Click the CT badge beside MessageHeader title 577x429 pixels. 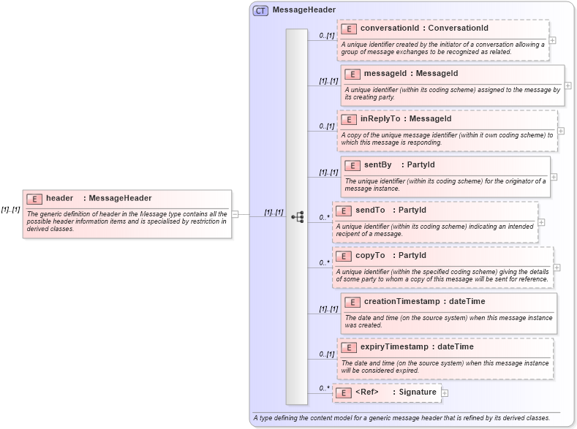260,10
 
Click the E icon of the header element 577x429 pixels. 34,199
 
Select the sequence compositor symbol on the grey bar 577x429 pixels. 297,217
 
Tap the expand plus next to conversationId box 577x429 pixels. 552,40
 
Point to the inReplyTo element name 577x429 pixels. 380,118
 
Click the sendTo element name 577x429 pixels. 370,210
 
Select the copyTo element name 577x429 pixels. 370,255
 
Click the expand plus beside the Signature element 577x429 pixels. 445,393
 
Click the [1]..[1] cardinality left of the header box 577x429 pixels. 10,210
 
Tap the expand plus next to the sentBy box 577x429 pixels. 554,177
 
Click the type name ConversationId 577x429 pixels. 458,28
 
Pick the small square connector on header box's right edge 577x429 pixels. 235,214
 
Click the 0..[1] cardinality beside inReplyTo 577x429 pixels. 326,126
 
